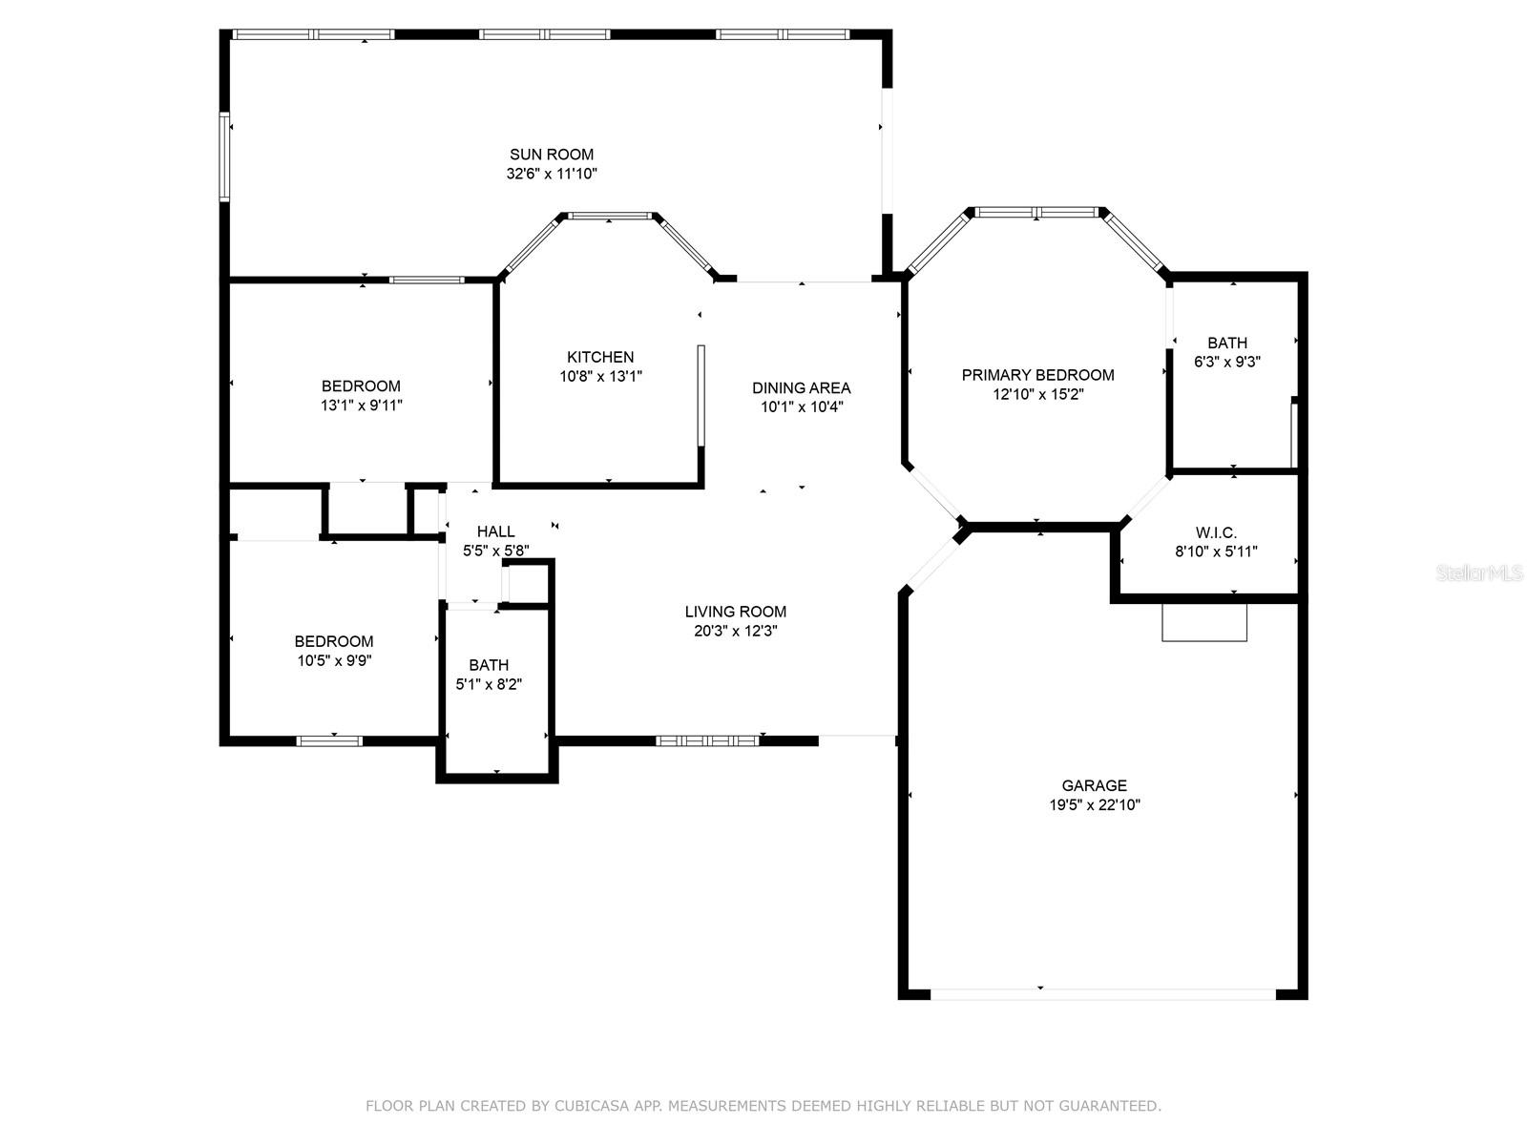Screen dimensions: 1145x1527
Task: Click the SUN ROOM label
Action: (x=551, y=155)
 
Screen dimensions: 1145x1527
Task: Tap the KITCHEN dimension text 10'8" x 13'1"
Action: (x=600, y=376)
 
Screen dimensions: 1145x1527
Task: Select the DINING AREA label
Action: (x=801, y=387)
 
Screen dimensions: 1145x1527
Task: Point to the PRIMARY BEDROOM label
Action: (x=1037, y=375)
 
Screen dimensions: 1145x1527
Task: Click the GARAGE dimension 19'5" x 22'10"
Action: (x=1094, y=804)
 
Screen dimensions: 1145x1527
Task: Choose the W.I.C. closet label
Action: (x=1216, y=532)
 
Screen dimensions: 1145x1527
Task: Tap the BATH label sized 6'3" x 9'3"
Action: (x=1226, y=343)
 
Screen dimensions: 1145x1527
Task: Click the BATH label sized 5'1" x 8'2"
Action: (x=489, y=665)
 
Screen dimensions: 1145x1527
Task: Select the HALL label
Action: (x=495, y=531)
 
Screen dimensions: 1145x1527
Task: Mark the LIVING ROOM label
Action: (x=735, y=612)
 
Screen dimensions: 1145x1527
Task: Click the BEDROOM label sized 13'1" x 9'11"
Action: (x=361, y=385)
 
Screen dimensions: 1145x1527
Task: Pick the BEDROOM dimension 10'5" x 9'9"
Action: (x=333, y=659)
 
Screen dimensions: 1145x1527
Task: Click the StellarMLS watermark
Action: (x=1480, y=573)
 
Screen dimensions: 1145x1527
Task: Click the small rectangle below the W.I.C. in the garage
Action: (x=1204, y=622)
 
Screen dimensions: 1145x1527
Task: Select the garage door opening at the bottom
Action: (x=1102, y=993)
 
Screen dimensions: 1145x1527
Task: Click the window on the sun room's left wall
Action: (x=225, y=157)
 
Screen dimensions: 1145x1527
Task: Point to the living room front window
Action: (x=707, y=739)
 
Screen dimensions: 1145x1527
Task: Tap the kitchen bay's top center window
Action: (x=610, y=216)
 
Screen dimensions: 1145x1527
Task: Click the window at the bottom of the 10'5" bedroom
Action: (x=329, y=740)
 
